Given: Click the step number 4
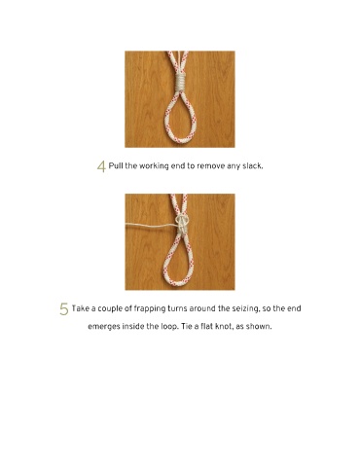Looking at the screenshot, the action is coord(101,167).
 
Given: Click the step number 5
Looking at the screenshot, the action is coord(64,309).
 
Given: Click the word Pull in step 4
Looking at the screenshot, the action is coord(115,166).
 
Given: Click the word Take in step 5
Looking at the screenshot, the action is coord(80,308).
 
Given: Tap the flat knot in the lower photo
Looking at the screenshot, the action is coord(182,225).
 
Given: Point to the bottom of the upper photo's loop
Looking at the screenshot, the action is coord(179,140).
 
